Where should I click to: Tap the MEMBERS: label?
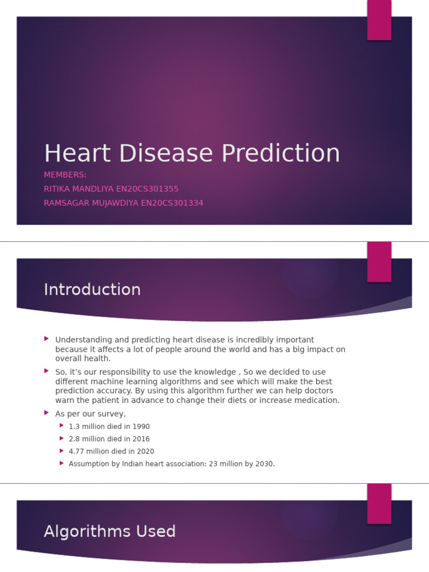pos(65,175)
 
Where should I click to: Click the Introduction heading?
pos(92,289)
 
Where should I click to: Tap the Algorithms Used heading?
pos(109,531)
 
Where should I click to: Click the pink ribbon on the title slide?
pos(379,20)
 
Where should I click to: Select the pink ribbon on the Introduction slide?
pos(379,261)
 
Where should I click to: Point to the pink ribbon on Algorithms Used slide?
pos(379,503)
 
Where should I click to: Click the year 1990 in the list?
pos(140,426)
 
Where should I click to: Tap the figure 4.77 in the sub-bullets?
pos(77,451)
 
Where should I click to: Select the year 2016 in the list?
pos(140,439)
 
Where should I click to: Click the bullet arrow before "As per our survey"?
pos(46,413)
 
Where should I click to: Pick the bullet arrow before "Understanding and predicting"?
pos(46,339)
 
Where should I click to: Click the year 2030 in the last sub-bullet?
pos(264,464)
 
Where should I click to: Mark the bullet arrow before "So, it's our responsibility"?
pos(46,371)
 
